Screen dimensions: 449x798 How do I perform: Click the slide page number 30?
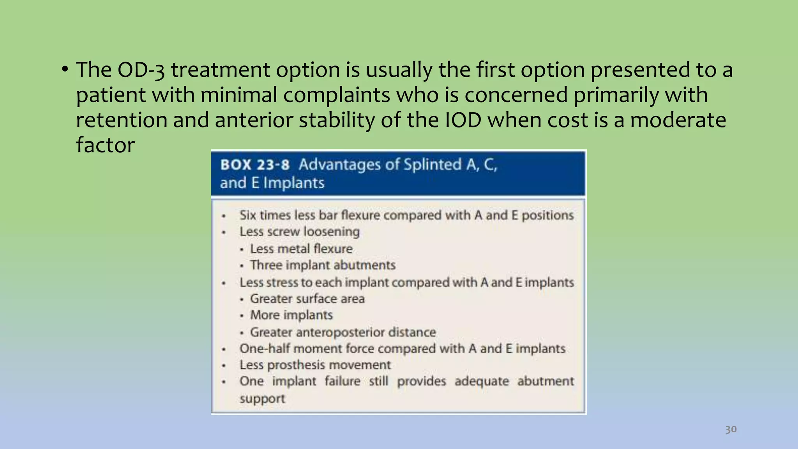point(731,429)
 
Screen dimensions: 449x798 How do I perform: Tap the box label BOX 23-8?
point(255,164)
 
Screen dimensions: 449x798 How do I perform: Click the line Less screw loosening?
point(299,232)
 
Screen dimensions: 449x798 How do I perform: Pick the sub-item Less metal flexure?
point(301,249)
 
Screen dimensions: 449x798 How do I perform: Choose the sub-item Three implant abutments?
point(323,265)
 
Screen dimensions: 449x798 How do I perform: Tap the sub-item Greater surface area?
point(307,299)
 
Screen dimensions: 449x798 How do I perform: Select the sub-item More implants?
point(291,315)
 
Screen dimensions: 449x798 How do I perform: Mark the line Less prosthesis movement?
point(315,365)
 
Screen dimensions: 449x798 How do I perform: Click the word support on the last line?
point(262,398)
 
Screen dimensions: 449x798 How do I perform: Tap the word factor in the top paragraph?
point(105,145)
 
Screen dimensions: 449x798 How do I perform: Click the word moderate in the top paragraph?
point(678,120)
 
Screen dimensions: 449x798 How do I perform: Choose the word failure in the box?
point(343,381)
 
